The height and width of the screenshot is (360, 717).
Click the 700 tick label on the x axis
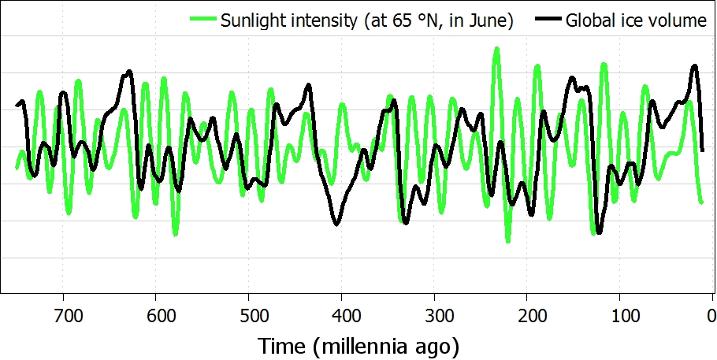(x=68, y=318)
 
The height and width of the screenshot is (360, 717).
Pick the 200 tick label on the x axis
(x=527, y=318)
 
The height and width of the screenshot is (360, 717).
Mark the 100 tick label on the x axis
(x=620, y=318)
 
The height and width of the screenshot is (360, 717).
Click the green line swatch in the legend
(x=202, y=21)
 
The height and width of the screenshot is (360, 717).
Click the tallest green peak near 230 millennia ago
(x=496, y=50)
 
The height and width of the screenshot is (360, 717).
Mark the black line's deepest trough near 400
(x=336, y=225)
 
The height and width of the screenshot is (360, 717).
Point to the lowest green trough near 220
(x=508, y=240)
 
